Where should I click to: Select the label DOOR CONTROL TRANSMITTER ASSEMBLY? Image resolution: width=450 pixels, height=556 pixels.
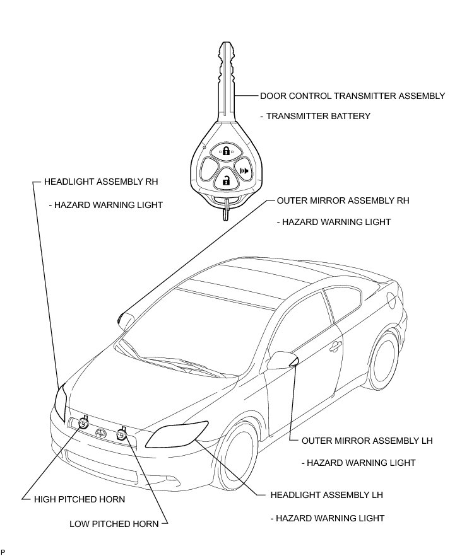(352, 96)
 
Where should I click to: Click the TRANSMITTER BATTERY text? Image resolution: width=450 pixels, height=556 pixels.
(315, 116)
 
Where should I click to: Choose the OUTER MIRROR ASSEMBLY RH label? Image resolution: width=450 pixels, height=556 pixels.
(343, 200)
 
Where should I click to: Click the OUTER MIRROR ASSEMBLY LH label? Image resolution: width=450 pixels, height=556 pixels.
(367, 440)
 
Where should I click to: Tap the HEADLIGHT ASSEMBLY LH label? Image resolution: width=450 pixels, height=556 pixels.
(326, 495)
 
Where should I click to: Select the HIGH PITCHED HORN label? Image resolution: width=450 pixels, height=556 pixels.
(80, 499)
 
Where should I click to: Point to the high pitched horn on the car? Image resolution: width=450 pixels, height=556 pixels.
(83, 424)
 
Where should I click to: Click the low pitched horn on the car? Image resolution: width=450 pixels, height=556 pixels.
(122, 434)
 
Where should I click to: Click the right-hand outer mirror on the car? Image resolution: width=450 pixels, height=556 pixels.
(124, 320)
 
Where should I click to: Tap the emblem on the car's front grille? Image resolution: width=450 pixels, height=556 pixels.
(101, 432)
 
